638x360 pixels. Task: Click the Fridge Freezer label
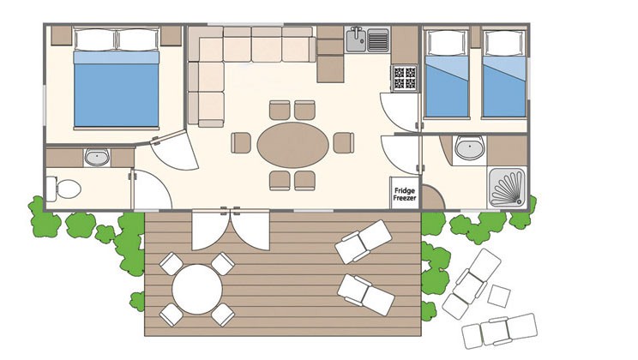coord(405,194)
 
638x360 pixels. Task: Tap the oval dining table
coord(293,144)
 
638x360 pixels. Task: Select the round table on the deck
coord(197,289)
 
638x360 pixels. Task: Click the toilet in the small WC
coord(63,189)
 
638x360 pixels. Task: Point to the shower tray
coord(508,188)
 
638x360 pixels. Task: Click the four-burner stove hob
coord(405,78)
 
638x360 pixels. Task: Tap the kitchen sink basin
coord(357,40)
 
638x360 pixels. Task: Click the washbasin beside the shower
coord(470,147)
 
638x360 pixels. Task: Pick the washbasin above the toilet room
coord(97,158)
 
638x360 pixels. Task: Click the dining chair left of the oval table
coord(241,143)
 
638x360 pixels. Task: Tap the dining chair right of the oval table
coord(344,143)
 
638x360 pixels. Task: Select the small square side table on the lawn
coord(499,296)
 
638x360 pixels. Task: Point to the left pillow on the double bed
coord(95,40)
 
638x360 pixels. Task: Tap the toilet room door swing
coord(151,190)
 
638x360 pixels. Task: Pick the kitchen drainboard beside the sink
coord(378,40)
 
